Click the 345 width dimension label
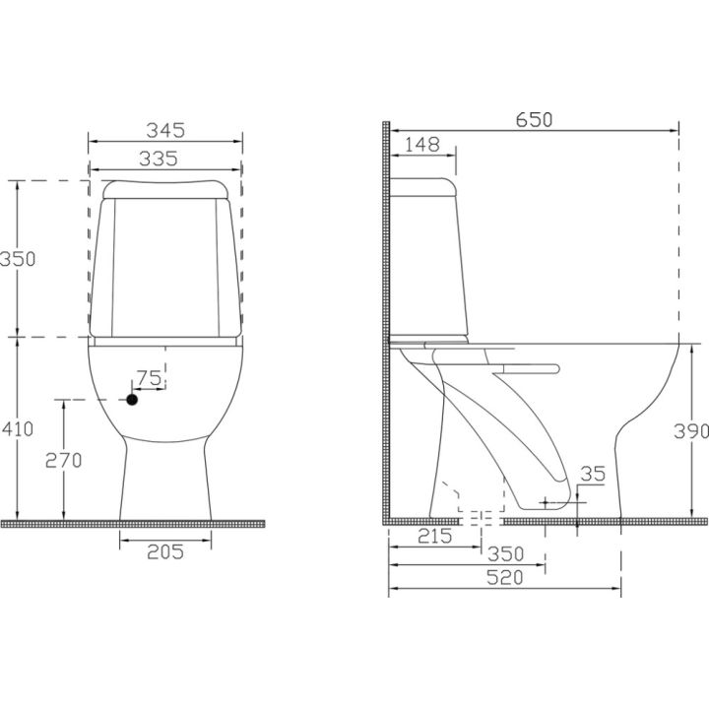tap(165, 130)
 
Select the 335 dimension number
tap(159, 159)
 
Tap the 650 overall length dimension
tap(534, 120)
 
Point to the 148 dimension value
tap(421, 145)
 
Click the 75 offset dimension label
tap(150, 378)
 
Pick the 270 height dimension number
tap(64, 460)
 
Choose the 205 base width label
tap(165, 552)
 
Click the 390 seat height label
tap(691, 431)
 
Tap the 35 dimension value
tap(593, 474)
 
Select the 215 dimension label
tap(434, 537)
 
